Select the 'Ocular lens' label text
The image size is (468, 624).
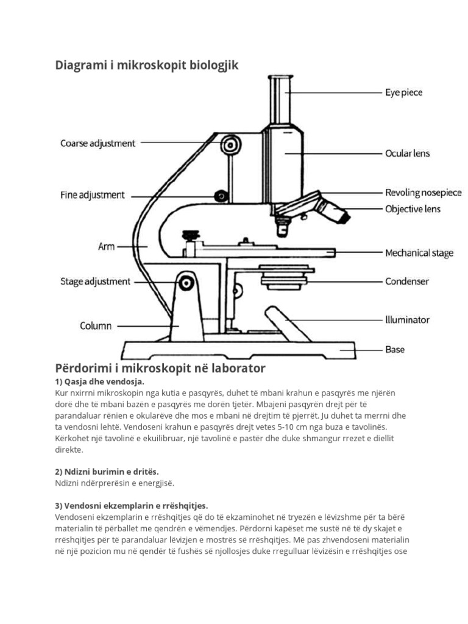click(x=407, y=153)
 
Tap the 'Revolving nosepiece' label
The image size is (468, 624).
click(x=423, y=193)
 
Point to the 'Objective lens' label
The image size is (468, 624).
click(x=413, y=209)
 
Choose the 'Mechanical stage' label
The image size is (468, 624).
click(x=419, y=252)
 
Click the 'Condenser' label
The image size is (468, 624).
click(x=406, y=282)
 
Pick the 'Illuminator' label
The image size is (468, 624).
click(x=407, y=319)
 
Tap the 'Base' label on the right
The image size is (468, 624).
click(x=394, y=350)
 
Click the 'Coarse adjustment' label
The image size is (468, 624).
click(x=97, y=144)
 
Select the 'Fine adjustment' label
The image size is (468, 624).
click(x=92, y=195)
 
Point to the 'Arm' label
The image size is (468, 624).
click(x=106, y=247)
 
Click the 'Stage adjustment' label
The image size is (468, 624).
click(x=95, y=282)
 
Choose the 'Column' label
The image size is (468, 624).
click(x=96, y=325)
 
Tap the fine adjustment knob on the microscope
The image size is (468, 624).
click(x=221, y=196)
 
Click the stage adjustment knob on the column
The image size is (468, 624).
click(x=185, y=283)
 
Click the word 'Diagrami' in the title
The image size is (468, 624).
click(x=81, y=65)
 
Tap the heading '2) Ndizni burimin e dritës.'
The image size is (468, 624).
click(x=107, y=472)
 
